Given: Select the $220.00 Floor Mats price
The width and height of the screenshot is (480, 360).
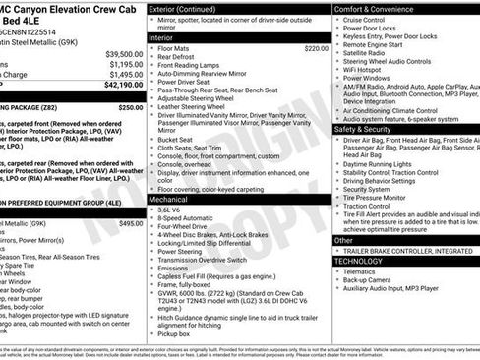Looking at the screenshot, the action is tap(316, 48).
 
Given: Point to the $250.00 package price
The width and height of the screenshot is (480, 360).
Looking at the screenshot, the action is tap(131, 107).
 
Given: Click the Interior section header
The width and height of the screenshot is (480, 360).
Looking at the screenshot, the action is tap(162, 37).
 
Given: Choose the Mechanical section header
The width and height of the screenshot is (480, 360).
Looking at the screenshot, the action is tap(168, 199).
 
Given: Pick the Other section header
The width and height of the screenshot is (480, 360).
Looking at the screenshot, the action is tap(344, 240).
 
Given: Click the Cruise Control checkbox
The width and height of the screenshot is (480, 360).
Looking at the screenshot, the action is tap(338, 20).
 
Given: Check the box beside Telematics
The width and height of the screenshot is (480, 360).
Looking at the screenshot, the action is tap(338, 272).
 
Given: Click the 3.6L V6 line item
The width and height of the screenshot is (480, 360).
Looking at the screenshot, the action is tap(169, 210).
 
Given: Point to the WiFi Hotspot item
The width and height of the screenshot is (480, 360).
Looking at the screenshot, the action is tap(365, 70).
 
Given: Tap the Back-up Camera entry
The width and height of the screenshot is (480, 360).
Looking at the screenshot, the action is tap(369, 281).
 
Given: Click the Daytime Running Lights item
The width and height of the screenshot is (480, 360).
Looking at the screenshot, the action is tap(384, 162).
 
